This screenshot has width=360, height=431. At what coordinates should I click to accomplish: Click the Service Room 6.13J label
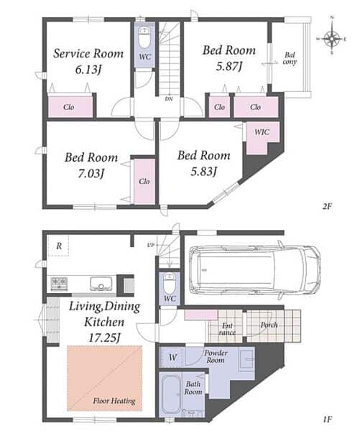click(88, 61)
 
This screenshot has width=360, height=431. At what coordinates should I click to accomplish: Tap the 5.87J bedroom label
click(229, 58)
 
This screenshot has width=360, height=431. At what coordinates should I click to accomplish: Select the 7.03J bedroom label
click(91, 165)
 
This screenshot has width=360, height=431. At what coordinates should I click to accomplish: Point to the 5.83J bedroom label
click(204, 163)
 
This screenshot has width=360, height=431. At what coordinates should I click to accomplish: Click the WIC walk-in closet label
click(262, 132)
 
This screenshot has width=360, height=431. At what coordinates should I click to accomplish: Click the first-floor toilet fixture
click(170, 284)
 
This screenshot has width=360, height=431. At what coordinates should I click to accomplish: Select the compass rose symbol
click(332, 39)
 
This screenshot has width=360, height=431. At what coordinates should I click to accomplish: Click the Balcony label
click(290, 58)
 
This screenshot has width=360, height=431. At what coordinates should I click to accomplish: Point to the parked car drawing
click(255, 270)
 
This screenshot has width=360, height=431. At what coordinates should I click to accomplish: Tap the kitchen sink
click(101, 284)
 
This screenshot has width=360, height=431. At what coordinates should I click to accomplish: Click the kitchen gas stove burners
click(59, 284)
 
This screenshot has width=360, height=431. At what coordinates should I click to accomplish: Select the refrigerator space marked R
click(59, 246)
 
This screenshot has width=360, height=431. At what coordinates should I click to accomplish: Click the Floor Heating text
click(114, 401)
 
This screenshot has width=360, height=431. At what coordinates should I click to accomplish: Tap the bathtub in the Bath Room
click(171, 394)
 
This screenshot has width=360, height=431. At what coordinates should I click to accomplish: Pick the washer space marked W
click(172, 358)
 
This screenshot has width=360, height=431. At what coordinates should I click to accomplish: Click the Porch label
click(269, 325)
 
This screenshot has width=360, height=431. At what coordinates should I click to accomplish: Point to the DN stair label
click(169, 98)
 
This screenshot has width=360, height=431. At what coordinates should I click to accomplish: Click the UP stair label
click(151, 245)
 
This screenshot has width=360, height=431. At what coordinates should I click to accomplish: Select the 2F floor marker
click(327, 206)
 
